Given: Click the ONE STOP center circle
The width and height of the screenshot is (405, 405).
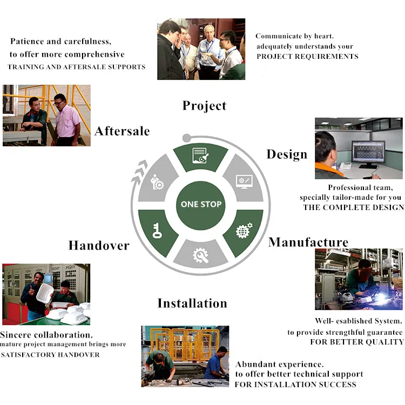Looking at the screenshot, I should point(201,204).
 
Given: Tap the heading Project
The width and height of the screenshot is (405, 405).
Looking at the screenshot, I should point(204,105).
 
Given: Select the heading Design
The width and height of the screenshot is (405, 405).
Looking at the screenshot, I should point(287,154).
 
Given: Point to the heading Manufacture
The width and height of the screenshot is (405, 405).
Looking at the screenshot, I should point(308,242).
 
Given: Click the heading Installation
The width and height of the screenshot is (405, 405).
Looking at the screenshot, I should point(192,303).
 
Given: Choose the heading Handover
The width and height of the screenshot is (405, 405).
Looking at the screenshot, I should point(99,246).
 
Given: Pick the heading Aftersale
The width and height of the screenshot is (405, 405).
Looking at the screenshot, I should point(122,131).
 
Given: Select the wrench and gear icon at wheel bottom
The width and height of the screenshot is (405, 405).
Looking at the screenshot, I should point(201,254).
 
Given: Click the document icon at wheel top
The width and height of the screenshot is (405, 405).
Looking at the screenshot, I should point(201,155).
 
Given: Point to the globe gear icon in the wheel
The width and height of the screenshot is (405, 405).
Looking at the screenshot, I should point(244,231).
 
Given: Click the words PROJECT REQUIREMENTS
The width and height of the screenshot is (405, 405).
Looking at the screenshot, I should point(307,56).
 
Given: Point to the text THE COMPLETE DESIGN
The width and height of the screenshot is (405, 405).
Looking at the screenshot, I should point(353,207).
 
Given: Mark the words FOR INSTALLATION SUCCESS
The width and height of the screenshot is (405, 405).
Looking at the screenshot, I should point(295,384).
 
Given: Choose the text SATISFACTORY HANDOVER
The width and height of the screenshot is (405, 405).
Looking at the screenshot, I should point(50,355).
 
